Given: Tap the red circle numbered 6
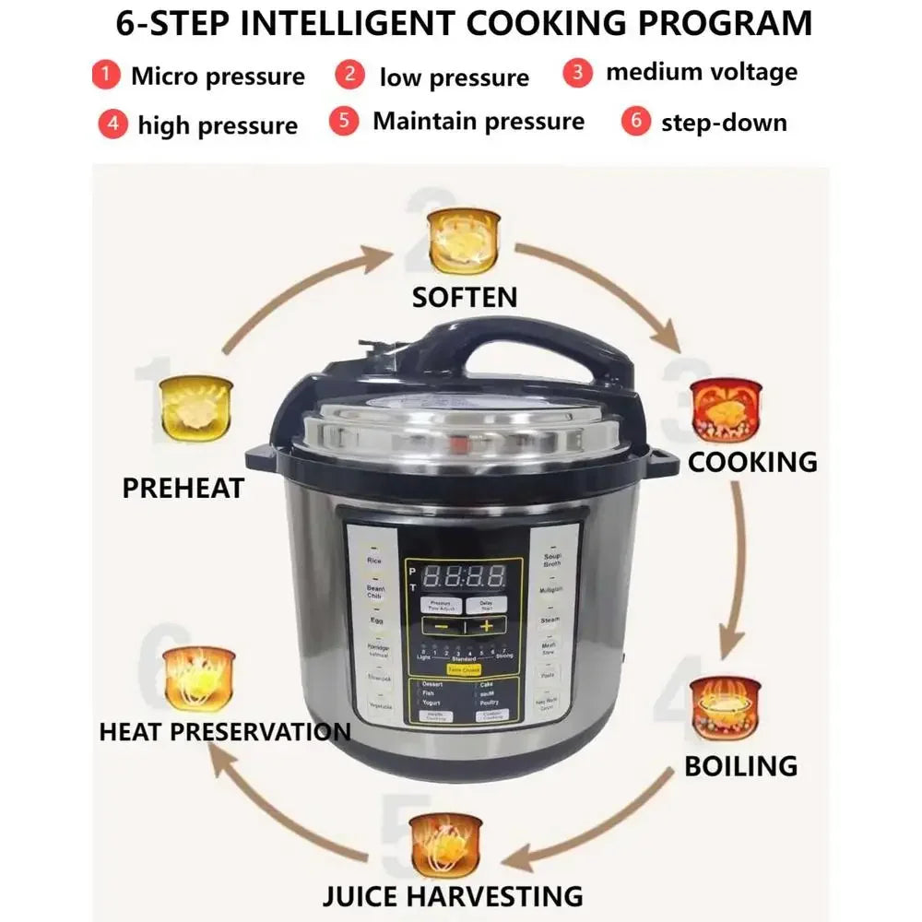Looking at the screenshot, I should click(635, 121).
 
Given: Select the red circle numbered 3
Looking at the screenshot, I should click(578, 72).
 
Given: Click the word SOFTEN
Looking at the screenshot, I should click(465, 297).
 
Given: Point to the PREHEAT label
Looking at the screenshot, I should click(183, 488).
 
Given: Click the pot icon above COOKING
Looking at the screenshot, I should click(727, 410).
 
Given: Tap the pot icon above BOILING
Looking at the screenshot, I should click(726, 708).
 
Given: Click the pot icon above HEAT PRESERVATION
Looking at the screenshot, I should click(199, 679).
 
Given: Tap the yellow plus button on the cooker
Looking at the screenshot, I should click(486, 626).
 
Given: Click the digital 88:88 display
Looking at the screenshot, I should click(463, 577).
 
